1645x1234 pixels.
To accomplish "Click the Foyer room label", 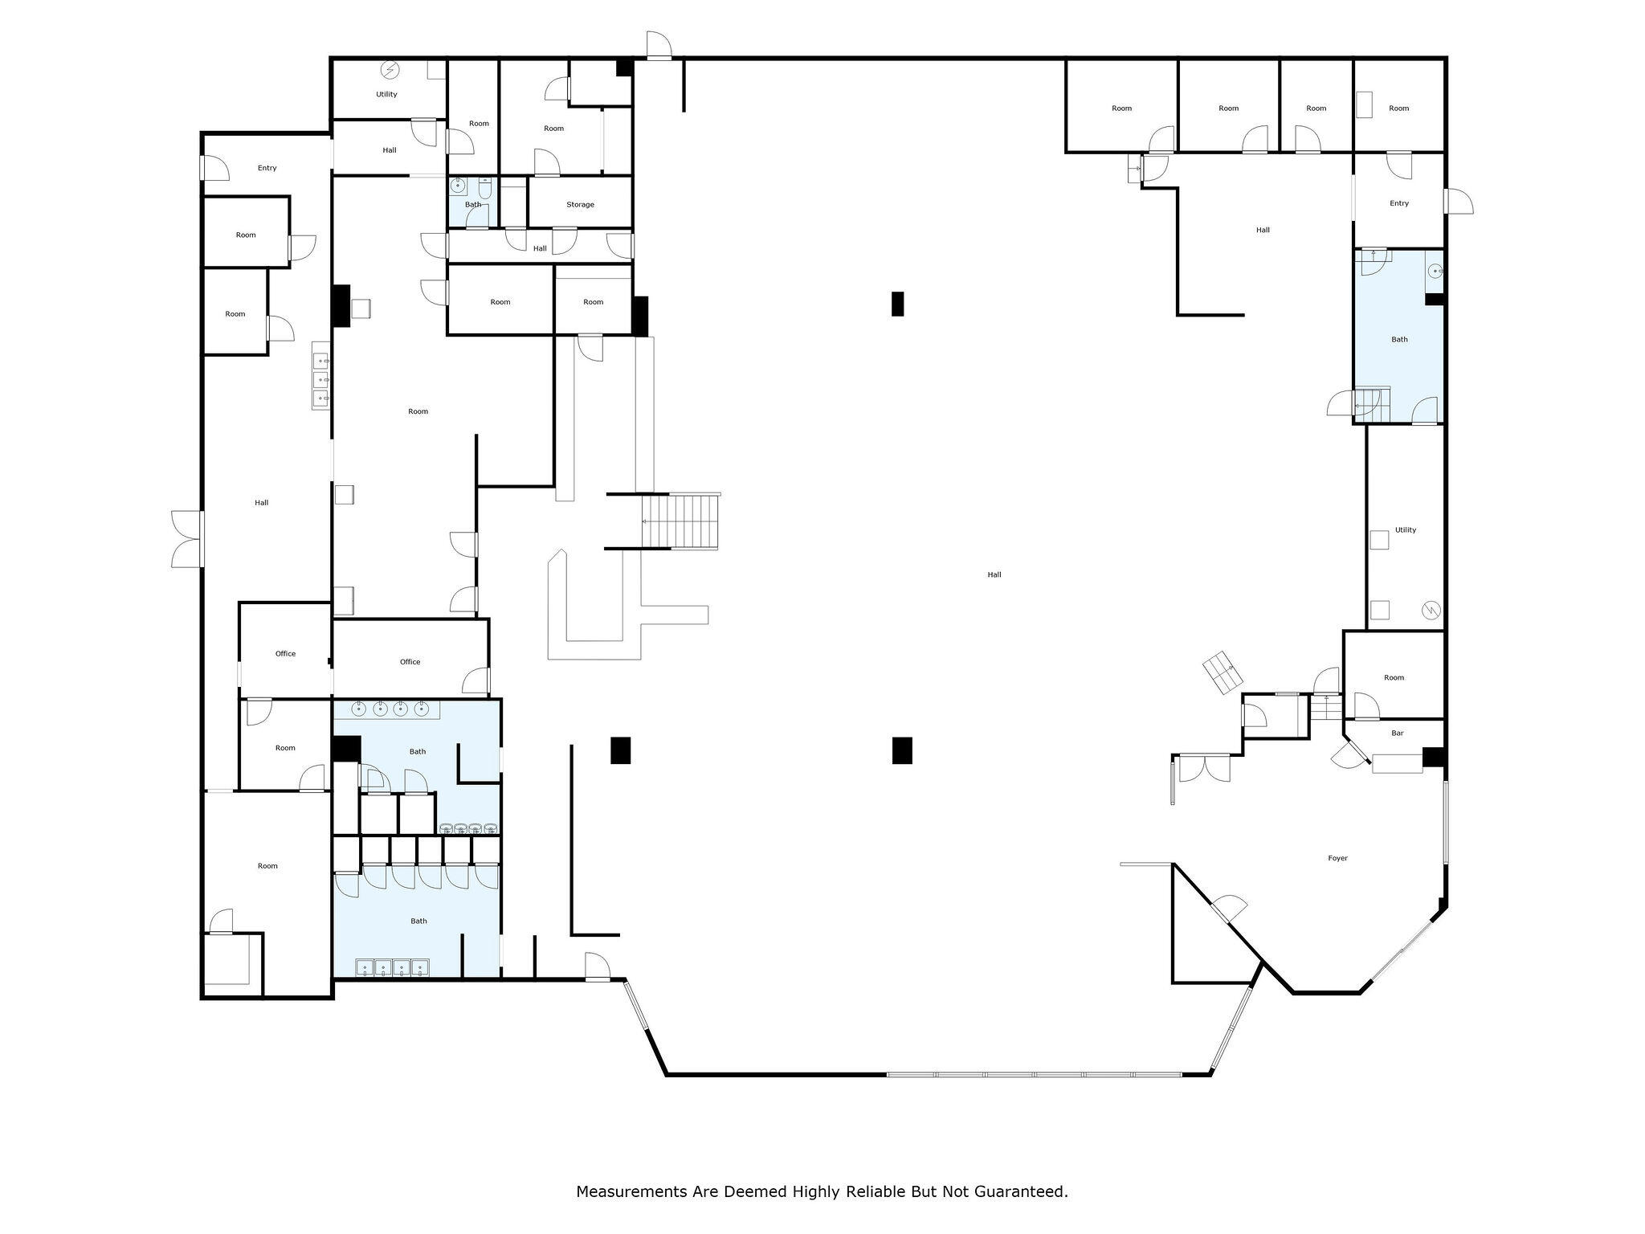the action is pyautogui.click(x=1337, y=858).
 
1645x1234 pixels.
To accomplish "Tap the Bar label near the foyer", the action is pyautogui.click(x=1397, y=733).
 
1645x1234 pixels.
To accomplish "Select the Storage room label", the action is pyautogui.click(x=580, y=205).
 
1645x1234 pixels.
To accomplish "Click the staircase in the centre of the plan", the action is pyautogui.click(x=680, y=521).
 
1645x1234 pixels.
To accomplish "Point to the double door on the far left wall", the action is pyautogui.click(x=187, y=539).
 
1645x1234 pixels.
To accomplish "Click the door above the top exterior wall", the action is pyautogui.click(x=659, y=45).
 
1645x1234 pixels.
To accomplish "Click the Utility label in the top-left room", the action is pyautogui.click(x=386, y=94).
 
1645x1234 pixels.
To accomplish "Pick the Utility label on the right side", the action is pyautogui.click(x=1406, y=529).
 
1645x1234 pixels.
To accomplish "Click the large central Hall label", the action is pyautogui.click(x=994, y=574).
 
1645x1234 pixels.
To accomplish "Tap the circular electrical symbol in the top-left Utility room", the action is pyautogui.click(x=390, y=70).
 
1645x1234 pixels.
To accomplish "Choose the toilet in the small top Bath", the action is pyautogui.click(x=485, y=189).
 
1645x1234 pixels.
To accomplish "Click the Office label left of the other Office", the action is pyautogui.click(x=285, y=654).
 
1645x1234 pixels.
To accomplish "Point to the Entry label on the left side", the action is pyautogui.click(x=267, y=168).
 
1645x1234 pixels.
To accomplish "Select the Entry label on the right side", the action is pyautogui.click(x=1399, y=203).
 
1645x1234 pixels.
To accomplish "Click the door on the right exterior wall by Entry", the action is pyautogui.click(x=1459, y=201).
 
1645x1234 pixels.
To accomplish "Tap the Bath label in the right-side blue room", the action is pyautogui.click(x=1399, y=339).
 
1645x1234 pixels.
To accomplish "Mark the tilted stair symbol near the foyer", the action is pyautogui.click(x=1222, y=673).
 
